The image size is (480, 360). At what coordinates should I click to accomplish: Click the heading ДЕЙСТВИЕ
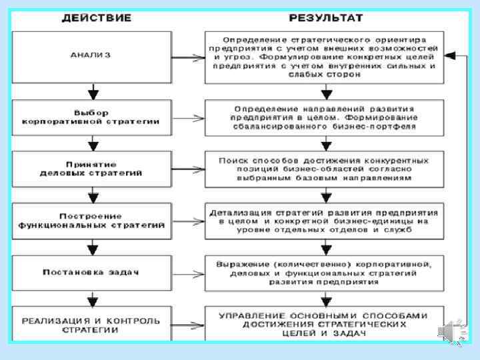(x=96, y=17)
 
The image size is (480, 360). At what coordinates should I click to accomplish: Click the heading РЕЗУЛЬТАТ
(x=325, y=17)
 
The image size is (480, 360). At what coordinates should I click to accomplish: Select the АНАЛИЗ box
(x=93, y=55)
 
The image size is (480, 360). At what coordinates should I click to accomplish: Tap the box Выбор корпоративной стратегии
(x=93, y=117)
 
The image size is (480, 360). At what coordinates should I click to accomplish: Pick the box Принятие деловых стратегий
(x=93, y=168)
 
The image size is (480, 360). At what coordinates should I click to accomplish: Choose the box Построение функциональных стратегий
(x=93, y=221)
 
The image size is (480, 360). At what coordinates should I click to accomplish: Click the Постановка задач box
(x=93, y=272)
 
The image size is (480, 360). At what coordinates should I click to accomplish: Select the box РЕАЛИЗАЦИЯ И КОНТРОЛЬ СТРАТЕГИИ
(x=93, y=325)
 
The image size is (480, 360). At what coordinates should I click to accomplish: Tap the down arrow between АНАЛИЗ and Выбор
(x=93, y=91)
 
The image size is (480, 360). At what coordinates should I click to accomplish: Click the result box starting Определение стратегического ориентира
(x=325, y=56)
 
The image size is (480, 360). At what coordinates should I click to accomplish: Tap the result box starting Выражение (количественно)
(x=325, y=272)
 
